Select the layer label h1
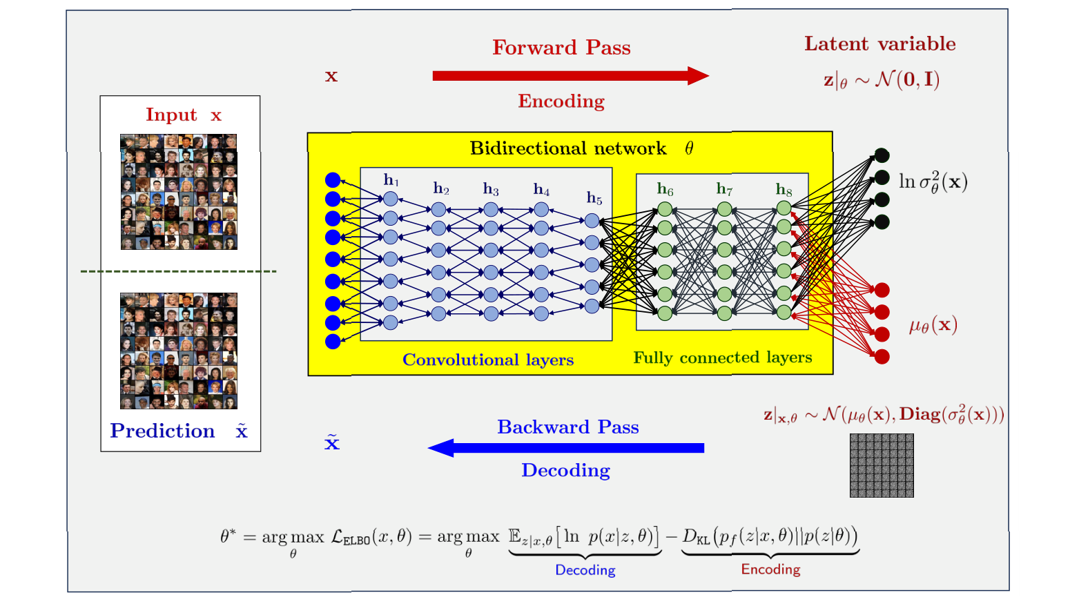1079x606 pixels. click(391, 180)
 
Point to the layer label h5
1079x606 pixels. click(594, 198)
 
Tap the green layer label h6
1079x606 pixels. click(665, 188)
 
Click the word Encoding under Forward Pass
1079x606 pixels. click(561, 101)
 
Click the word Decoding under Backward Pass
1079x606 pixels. click(565, 471)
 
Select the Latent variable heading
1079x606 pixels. click(879, 44)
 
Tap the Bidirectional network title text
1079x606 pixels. click(568, 148)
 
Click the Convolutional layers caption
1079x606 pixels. click(488, 360)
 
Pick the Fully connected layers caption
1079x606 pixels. click(722, 358)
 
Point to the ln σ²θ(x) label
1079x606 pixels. click(933, 182)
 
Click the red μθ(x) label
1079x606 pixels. click(933, 325)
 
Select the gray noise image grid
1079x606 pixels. click(882, 465)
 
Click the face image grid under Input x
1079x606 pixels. click(179, 192)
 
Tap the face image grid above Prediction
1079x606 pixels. click(179, 351)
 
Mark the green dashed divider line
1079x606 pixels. click(178, 271)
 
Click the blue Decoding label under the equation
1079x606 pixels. click(585, 570)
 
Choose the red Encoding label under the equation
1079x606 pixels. click(770, 569)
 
